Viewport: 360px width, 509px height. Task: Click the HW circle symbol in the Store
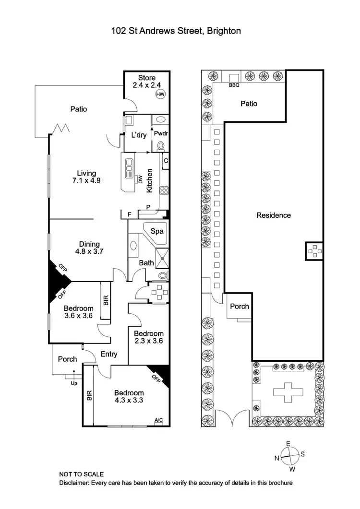159,95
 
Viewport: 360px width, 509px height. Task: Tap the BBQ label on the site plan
234,86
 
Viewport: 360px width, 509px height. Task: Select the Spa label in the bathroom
157,231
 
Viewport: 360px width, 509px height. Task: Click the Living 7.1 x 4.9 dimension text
87,181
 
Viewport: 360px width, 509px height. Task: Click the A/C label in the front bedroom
158,420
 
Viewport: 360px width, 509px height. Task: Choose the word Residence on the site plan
273,215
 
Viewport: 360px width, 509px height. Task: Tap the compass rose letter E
288,444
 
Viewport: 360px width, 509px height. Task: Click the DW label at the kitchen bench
141,179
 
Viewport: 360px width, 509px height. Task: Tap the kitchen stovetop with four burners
164,190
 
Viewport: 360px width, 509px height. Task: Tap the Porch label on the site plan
239,306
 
